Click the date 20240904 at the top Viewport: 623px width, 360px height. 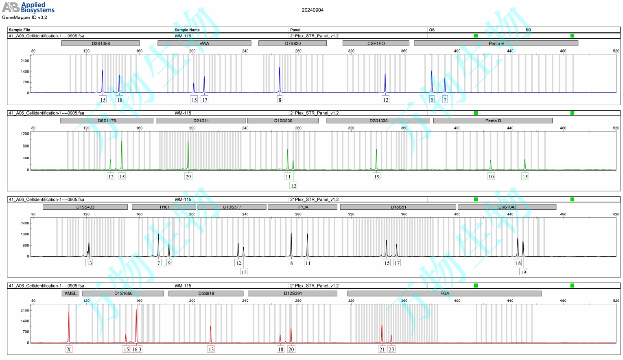tap(313, 10)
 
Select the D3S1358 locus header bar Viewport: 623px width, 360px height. tap(101, 43)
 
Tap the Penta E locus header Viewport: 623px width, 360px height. tap(496, 43)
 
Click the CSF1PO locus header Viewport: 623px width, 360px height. tap(376, 43)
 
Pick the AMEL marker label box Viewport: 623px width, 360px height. tap(70, 293)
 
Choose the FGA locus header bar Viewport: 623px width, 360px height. tap(444, 293)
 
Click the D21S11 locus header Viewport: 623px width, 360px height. tap(201, 121)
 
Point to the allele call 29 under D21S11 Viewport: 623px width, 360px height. tap(188, 176)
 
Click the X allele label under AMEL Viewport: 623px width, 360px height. tap(69, 349)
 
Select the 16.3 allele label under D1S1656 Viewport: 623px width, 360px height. tap(137, 349)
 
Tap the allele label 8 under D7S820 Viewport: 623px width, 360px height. tap(280, 100)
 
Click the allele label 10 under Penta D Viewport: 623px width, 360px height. tap(491, 176)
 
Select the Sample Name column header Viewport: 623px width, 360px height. tap(187, 30)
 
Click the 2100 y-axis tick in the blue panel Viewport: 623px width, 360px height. tap(25, 61)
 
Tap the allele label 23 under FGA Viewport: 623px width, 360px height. tap(391, 349)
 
